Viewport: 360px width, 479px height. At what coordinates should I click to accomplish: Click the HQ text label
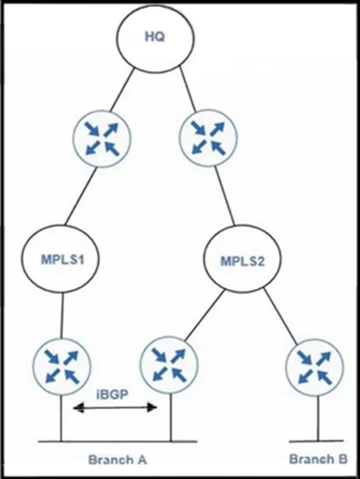pos(154,37)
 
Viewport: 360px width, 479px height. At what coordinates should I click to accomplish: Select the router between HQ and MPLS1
pos(102,138)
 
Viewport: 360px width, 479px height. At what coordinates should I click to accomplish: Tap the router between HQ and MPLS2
pos(209,137)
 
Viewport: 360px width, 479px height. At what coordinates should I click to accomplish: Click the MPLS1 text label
pos(62,259)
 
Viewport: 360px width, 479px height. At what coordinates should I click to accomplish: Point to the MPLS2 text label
pos(242,261)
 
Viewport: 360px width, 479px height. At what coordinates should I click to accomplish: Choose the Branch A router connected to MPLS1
pos(62,367)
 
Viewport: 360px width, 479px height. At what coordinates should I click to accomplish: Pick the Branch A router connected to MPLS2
pos(169,366)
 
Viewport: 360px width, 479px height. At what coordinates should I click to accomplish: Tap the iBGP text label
pos(112,394)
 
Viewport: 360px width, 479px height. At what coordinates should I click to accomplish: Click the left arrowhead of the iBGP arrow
pos(78,407)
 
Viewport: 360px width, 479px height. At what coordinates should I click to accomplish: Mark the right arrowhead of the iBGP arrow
pos(152,407)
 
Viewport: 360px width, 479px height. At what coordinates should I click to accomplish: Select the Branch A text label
pos(118,460)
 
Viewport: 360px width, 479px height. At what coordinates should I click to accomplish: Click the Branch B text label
pos(318,459)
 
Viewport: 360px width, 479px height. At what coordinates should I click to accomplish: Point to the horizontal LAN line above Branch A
pos(118,442)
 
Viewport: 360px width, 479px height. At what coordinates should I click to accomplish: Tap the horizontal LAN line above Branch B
pos(316,441)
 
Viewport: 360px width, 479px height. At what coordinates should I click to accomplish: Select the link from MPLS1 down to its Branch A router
pos(62,315)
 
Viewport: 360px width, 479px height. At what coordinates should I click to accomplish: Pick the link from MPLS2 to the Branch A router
pos(205,315)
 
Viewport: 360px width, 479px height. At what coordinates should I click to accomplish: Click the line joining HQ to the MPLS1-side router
pos(122,90)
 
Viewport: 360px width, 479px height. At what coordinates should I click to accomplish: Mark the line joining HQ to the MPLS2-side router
pos(187,89)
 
